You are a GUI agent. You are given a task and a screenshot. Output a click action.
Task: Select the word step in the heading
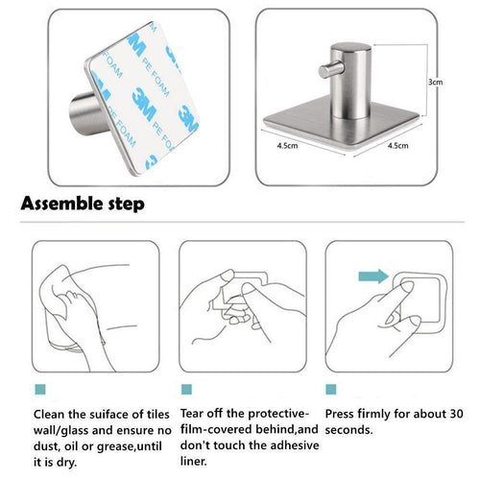point(127,204)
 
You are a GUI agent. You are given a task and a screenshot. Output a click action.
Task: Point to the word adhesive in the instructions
point(280,448)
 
